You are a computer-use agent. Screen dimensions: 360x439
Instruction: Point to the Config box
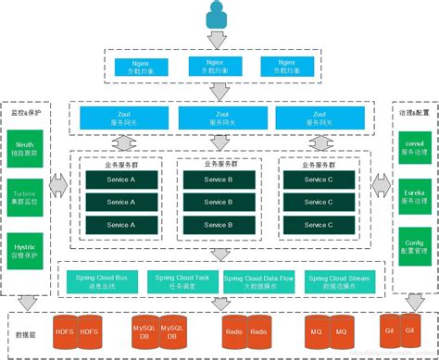410,242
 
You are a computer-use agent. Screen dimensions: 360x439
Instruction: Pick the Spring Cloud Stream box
337,280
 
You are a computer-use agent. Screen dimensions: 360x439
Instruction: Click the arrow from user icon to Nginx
219,40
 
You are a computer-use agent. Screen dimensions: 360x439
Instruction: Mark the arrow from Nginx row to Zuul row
219,92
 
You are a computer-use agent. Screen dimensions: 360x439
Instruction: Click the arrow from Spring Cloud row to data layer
219,253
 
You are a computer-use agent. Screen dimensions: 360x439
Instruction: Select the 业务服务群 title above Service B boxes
219,163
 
